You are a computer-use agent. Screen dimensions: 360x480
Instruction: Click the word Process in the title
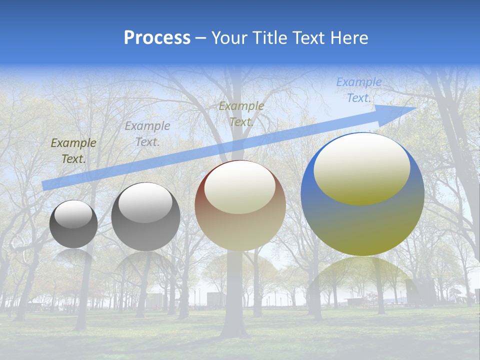[157, 38]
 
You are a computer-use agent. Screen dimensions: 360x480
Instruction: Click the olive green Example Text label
[73, 150]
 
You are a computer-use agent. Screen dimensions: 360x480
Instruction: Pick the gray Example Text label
[147, 134]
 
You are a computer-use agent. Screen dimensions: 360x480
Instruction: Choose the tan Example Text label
[241, 113]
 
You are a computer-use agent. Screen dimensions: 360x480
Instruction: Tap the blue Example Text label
[358, 90]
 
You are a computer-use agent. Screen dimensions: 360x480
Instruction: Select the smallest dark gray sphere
[73, 224]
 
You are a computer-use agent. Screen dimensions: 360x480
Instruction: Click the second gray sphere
[145, 216]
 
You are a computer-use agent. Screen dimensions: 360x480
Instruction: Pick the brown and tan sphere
[240, 205]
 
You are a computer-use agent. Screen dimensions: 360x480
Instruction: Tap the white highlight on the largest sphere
[361, 167]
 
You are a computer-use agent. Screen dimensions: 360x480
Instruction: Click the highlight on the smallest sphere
[73, 214]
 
